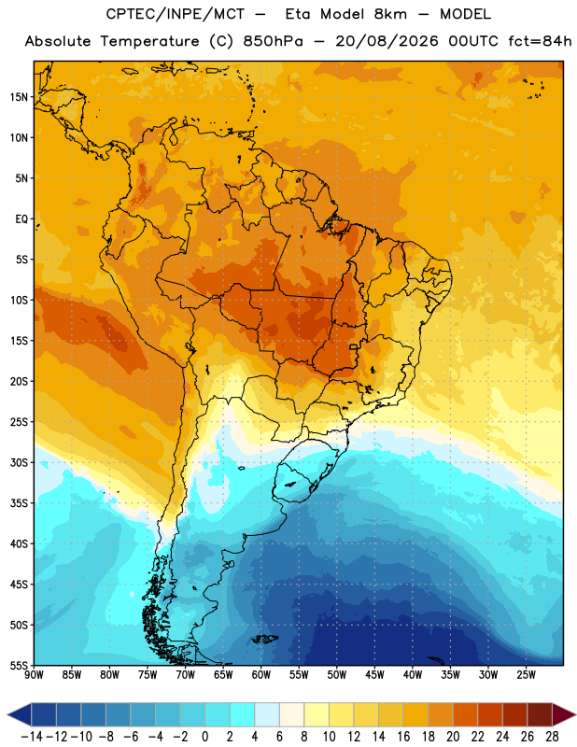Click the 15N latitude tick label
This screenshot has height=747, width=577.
[19, 97]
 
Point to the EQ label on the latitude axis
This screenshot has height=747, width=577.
[21, 219]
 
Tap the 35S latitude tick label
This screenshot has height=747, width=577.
[19, 503]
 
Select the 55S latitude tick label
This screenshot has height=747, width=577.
[19, 665]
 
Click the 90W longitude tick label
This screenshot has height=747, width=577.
[34, 674]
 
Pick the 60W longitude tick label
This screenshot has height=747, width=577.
[261, 674]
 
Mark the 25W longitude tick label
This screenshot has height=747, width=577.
[526, 674]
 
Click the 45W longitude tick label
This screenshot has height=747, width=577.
[374, 674]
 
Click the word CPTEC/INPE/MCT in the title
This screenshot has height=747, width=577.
[176, 14]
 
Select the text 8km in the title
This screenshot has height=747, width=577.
[390, 14]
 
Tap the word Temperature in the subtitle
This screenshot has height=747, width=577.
[149, 41]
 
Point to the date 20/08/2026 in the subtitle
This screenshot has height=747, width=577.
[387, 41]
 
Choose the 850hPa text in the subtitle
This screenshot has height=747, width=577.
[273, 41]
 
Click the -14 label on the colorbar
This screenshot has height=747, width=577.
[32, 737]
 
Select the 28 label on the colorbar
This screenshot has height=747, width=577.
[552, 737]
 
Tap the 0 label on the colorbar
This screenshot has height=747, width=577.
[204, 737]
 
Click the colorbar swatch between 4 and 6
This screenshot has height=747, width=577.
[267, 714]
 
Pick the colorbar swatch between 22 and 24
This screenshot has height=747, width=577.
[490, 714]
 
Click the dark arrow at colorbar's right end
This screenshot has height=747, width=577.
[562, 714]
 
